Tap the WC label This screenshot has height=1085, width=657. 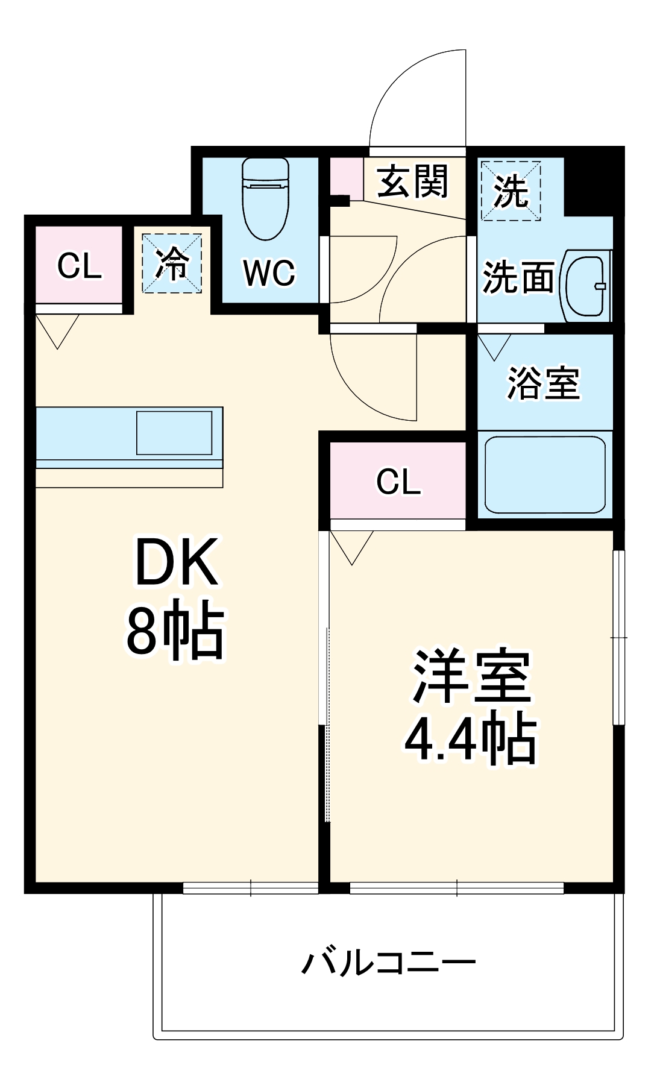tap(269, 273)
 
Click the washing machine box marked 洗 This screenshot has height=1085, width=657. tap(511, 190)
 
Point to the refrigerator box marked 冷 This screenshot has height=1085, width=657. tap(172, 263)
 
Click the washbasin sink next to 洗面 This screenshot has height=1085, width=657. tap(585, 286)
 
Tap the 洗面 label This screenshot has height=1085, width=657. tap(518, 277)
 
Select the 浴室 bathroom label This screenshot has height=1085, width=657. tap(543, 383)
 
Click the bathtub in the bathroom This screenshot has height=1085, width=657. tap(545, 474)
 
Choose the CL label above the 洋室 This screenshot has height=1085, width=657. tap(398, 481)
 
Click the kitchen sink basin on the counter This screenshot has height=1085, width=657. tap(174, 433)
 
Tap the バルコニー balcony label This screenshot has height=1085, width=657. tap(389, 963)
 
